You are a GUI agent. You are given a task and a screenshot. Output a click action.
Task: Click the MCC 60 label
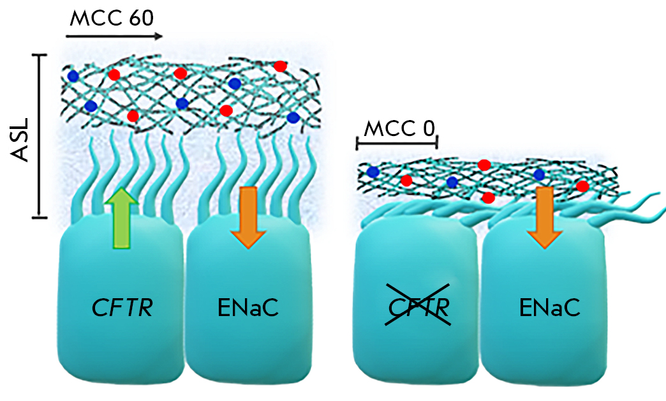click(x=112, y=17)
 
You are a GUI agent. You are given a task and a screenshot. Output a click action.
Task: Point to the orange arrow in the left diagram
click(x=248, y=216)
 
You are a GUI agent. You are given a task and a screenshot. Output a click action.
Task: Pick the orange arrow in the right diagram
click(x=544, y=216)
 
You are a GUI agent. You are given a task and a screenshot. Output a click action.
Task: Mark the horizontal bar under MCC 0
click(x=396, y=144)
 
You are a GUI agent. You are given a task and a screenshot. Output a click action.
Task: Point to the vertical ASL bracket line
click(x=40, y=136)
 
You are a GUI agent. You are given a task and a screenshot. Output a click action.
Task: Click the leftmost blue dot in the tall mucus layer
click(x=73, y=76)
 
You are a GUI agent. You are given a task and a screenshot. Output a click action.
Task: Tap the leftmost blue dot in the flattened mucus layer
click(x=373, y=172)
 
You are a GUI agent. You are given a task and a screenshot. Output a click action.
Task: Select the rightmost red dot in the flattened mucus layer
click(x=582, y=186)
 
